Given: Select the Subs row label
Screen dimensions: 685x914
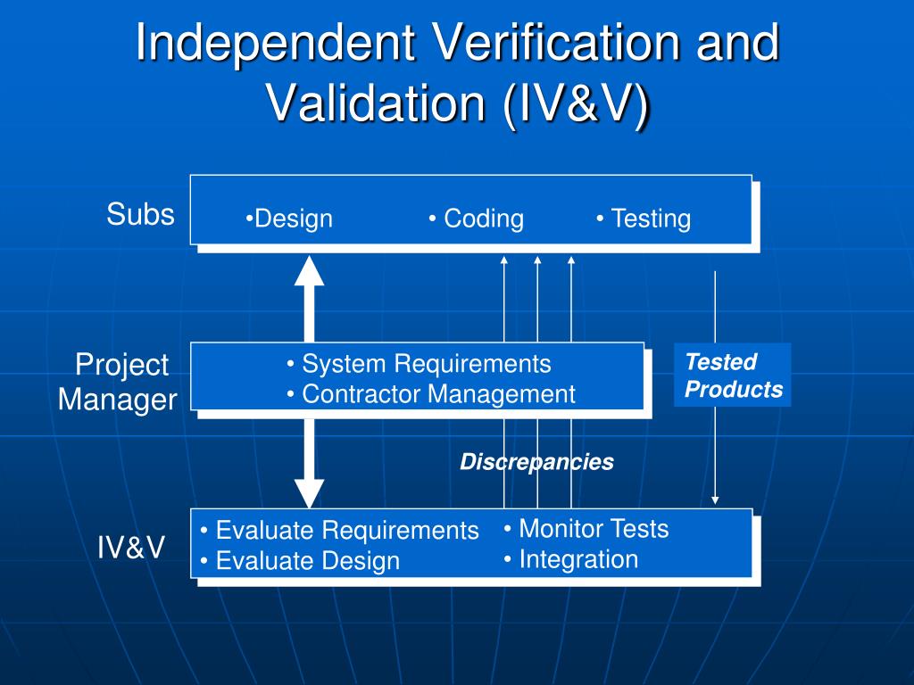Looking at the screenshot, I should [140, 214].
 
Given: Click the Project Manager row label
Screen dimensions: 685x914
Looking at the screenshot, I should [117, 382].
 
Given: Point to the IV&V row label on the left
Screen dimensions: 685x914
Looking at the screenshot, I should [131, 548].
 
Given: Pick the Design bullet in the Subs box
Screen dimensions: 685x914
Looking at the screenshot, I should [289, 219].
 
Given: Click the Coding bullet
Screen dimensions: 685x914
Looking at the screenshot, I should [476, 219].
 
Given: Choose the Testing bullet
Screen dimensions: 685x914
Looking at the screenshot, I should [644, 219].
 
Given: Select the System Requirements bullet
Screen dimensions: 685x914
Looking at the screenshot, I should [419, 364].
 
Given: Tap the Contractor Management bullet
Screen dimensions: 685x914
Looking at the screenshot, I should [431, 393].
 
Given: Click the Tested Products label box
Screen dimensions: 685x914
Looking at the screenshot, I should [733, 375].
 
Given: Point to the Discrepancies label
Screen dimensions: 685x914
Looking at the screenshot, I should [536, 462].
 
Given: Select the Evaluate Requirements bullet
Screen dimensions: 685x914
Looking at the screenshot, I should [339, 531].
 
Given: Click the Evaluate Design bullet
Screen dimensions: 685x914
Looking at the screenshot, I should [300, 561].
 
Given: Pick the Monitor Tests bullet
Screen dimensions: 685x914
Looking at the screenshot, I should [586, 529].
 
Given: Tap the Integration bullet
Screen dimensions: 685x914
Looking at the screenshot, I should [570, 559].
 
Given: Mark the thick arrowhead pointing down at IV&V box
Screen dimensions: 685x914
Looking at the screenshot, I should [310, 493].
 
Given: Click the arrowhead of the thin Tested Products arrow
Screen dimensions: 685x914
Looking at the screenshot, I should [715, 500].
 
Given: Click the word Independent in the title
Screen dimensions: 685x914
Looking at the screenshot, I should [276, 44].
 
